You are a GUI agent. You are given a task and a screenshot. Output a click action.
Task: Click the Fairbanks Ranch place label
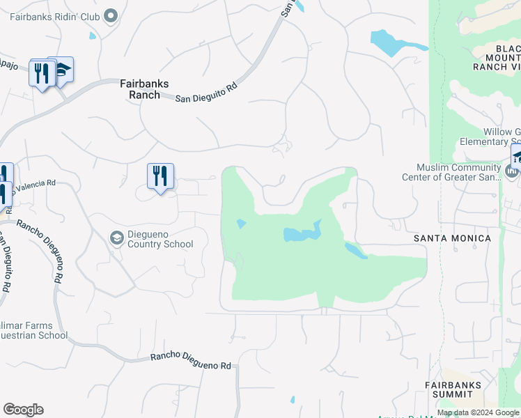[x=144, y=88]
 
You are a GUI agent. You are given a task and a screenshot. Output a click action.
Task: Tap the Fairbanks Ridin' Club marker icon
[x=110, y=15]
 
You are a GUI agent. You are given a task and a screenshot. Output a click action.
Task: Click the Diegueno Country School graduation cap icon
[x=117, y=238]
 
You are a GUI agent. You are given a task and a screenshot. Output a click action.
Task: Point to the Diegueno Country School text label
[x=160, y=239]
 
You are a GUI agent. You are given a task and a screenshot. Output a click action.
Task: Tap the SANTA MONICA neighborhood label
[x=452, y=238]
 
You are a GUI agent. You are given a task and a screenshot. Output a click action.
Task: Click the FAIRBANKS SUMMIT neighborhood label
[x=453, y=389]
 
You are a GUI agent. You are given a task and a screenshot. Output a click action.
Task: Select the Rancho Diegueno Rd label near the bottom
[x=190, y=362]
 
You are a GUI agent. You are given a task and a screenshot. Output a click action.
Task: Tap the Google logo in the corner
[x=23, y=410]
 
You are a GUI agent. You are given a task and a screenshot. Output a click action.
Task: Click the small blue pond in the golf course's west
[x=240, y=224]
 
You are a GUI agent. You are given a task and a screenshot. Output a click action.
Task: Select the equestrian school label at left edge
[x=34, y=330]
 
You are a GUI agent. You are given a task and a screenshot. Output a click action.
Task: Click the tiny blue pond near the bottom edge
[x=293, y=400]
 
